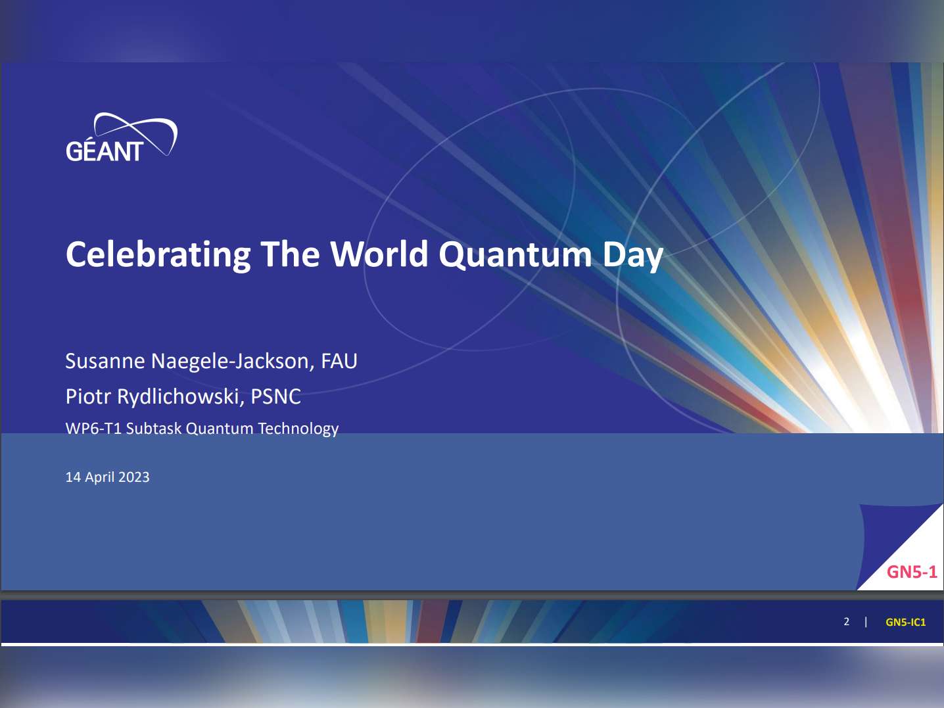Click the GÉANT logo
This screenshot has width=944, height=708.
(121, 137)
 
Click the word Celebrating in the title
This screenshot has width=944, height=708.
(158, 255)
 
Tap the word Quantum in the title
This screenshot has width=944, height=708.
(515, 255)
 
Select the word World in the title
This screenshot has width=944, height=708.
(379, 254)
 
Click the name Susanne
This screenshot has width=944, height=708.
(105, 361)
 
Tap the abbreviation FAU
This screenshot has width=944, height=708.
(339, 361)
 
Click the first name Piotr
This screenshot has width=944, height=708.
(88, 396)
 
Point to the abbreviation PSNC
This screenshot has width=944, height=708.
(275, 396)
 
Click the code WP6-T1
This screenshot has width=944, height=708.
(93, 429)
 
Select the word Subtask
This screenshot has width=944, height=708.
(154, 429)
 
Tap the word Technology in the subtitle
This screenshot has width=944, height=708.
(298, 429)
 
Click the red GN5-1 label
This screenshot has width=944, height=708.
(912, 572)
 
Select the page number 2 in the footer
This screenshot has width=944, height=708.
(846, 622)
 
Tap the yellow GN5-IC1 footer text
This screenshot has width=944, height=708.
(905, 622)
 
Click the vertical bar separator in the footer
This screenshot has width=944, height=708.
(866, 622)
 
